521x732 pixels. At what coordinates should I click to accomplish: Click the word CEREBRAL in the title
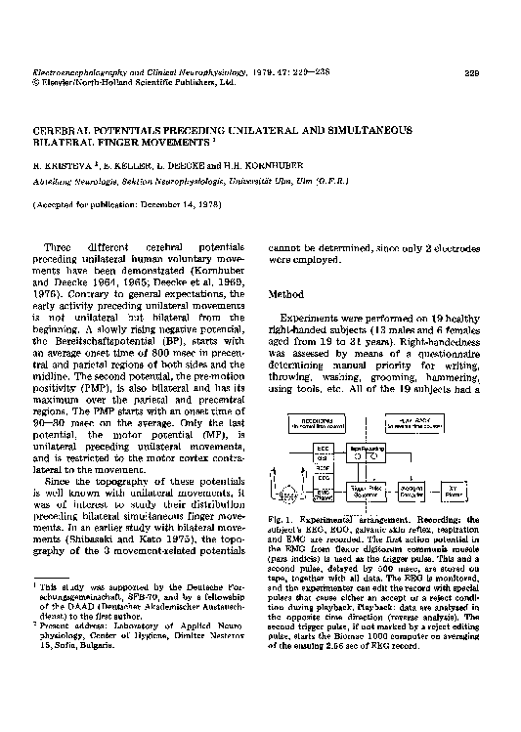[x=67, y=130]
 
